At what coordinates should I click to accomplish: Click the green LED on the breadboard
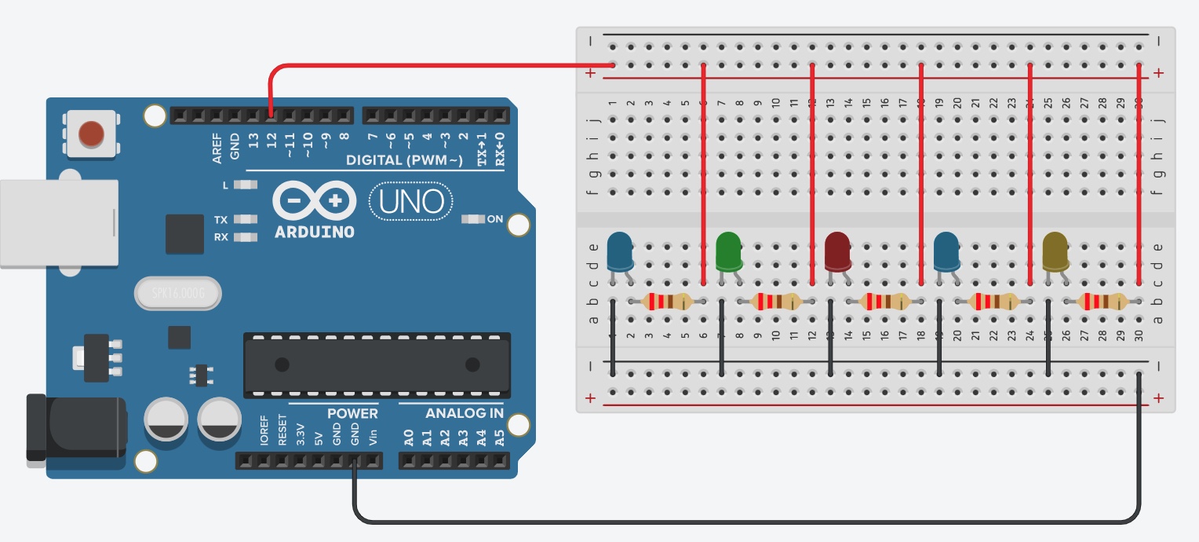point(729,251)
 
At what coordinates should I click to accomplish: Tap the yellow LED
point(1055,251)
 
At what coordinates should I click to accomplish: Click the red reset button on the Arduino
point(92,134)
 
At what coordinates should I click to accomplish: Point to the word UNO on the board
point(411,202)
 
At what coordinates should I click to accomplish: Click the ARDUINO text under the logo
point(314,233)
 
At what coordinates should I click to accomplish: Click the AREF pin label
point(217,147)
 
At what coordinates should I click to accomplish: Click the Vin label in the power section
point(374,437)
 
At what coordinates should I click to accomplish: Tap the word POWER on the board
point(352,413)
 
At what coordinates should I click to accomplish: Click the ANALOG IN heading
point(465,413)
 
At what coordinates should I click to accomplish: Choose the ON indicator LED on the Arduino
point(473,219)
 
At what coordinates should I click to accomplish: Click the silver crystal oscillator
point(177,295)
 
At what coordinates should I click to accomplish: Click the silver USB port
point(58,223)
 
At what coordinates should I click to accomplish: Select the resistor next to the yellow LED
point(1102,301)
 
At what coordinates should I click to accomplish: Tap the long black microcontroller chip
point(377,364)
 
